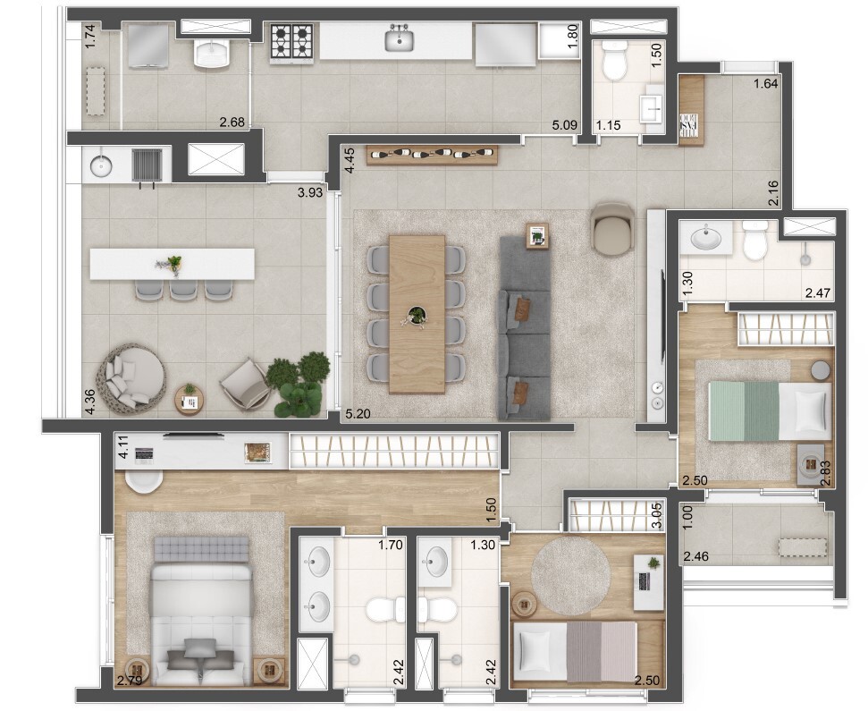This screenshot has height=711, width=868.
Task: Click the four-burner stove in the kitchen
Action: click(x=293, y=42)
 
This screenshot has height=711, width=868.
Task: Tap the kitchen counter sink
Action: click(x=399, y=40)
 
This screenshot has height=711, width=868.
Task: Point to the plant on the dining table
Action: click(x=417, y=315)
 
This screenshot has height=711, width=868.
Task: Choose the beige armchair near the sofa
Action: click(x=613, y=228)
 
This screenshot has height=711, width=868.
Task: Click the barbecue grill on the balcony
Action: click(x=146, y=165)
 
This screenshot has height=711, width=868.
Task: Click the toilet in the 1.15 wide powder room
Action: click(x=614, y=63)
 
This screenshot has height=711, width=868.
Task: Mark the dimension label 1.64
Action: click(x=766, y=85)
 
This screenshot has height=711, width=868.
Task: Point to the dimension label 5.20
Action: click(x=358, y=415)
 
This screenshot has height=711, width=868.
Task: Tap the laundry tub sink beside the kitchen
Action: click(x=213, y=54)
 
